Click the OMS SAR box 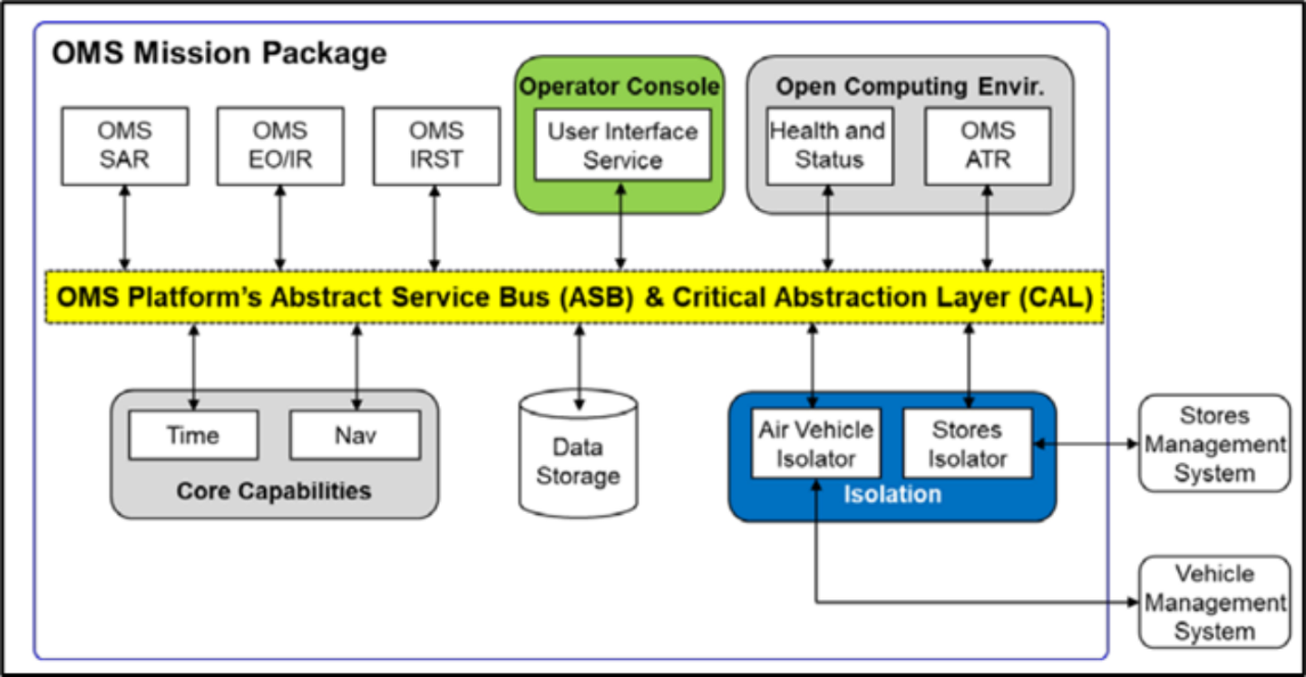tap(125, 146)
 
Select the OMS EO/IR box tap(280, 146)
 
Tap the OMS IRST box tap(437, 146)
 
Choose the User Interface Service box tap(623, 145)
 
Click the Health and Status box tap(830, 146)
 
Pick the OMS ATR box tap(989, 146)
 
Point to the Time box tap(193, 435)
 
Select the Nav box tap(356, 435)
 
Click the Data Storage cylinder tap(579, 454)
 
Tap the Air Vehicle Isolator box tap(816, 444)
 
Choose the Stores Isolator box tap(968, 444)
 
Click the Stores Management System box tap(1214, 444)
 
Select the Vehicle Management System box tap(1214, 603)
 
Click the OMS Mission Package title tap(219, 53)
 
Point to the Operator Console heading tap(619, 86)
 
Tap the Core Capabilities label tap(274, 491)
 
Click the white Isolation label tap(892, 494)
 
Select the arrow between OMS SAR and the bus tap(125, 228)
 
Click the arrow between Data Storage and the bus tap(579, 367)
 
